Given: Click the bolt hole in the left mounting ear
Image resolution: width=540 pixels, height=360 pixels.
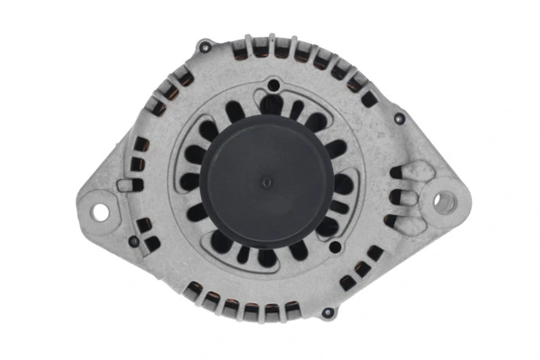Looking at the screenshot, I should point(100,211).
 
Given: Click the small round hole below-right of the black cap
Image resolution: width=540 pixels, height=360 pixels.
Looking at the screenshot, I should point(335,246).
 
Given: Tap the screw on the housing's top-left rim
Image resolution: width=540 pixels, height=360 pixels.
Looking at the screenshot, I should point(205,45).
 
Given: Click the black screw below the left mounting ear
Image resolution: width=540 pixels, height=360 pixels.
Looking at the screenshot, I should point(133,240).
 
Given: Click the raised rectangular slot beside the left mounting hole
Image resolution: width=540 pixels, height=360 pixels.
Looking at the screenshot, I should point(124,186).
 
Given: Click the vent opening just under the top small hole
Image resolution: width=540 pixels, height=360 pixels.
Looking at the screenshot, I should point(271,104).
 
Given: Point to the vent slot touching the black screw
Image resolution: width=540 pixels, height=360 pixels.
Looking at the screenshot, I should point(144,243).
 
